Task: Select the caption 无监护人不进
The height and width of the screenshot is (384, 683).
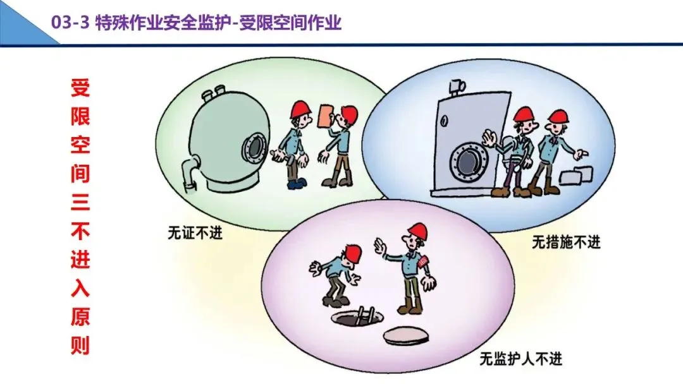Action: coord(520,359)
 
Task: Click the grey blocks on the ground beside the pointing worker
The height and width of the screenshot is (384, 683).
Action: coord(581,176)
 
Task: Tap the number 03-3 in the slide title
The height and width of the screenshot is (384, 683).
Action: coord(71,24)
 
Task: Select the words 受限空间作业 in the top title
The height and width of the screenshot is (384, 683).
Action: coord(295,24)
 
